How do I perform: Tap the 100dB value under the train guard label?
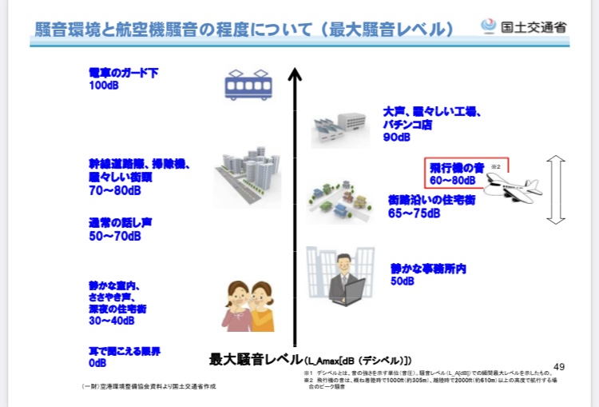coord(104,86)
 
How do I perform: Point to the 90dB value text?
coord(396,138)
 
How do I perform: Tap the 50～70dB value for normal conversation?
coord(115,236)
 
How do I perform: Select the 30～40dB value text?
coord(115,321)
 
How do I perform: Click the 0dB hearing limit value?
coord(98,362)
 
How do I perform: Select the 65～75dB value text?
coord(415,213)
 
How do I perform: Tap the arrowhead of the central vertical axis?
coord(295,75)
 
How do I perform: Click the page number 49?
coord(559,367)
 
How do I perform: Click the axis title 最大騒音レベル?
coord(256,359)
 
